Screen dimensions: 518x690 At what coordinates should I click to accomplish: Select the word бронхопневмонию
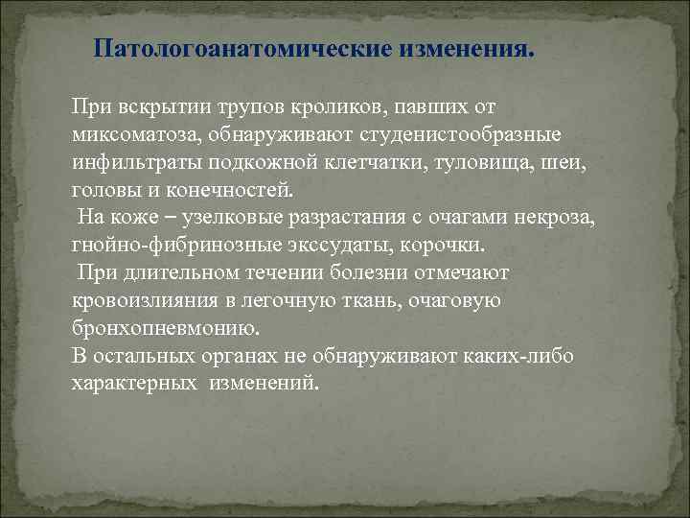click(x=164, y=328)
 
